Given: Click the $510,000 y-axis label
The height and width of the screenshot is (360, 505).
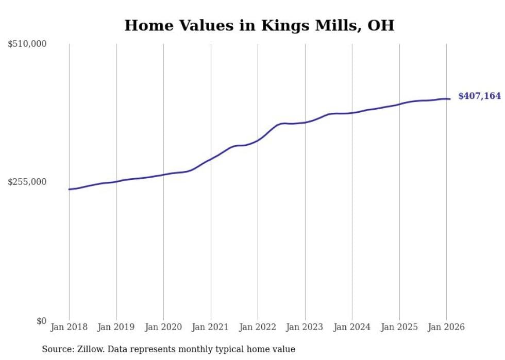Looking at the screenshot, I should coord(27,44).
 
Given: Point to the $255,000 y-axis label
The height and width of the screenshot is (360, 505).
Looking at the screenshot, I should coord(27,182).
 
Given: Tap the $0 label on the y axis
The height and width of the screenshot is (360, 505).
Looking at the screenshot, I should coord(41,321).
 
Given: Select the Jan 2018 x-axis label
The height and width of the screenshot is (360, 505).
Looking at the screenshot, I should coord(69,327).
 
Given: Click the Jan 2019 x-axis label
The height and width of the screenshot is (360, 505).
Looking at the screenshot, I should coord(116,327).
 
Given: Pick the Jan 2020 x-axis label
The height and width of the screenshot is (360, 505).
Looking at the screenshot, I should coord(163,327).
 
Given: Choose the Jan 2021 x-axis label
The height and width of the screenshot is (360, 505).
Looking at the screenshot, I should coord(211,327).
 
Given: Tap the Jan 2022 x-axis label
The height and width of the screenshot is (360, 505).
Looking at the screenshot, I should coord(258,327).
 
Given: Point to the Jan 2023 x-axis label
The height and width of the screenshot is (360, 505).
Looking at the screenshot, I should coord(305,327).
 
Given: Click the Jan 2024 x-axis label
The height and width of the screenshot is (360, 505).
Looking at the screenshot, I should coord(352,327).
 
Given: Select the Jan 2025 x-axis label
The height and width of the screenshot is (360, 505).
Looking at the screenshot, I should coord(399,327).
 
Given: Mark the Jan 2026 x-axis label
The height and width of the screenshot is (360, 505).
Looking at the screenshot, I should coord(446,327).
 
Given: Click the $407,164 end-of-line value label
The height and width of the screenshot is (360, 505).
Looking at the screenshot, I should coord(479,96).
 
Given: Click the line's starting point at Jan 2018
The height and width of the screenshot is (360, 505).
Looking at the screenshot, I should coord(69,190).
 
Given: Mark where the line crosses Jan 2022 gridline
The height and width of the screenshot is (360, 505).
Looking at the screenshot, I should coord(258,140).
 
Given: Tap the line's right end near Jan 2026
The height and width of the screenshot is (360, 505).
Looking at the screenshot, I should coord(450,99).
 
